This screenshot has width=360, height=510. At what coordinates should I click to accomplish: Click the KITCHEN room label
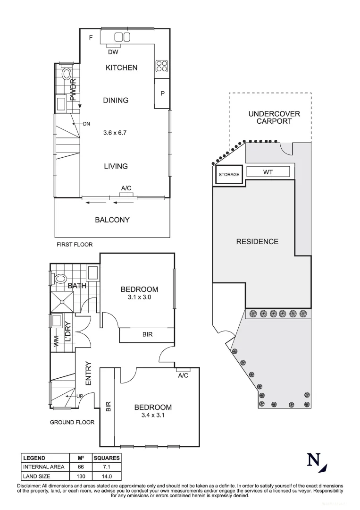pyautogui.click(x=121, y=68)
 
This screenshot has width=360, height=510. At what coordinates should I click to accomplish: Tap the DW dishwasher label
pyautogui.click(x=113, y=52)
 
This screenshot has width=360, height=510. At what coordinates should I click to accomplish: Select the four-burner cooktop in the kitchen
pyautogui.click(x=161, y=66)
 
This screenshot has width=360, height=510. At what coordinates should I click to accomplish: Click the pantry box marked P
pyautogui.click(x=162, y=93)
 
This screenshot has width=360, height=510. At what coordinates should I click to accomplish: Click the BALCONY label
pyautogui.click(x=112, y=220)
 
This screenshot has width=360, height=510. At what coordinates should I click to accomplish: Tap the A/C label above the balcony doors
pyautogui.click(x=126, y=188)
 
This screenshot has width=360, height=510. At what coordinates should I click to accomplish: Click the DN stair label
pyautogui.click(x=86, y=124)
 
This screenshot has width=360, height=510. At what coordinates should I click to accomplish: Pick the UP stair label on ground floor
pyautogui.click(x=80, y=396)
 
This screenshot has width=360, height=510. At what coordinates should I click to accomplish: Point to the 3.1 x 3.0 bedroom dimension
pyautogui.click(x=139, y=297)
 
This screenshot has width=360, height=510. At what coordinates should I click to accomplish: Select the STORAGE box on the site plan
pyautogui.click(x=229, y=174)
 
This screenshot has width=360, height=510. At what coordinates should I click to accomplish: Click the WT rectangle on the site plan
pyautogui.click(x=268, y=172)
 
